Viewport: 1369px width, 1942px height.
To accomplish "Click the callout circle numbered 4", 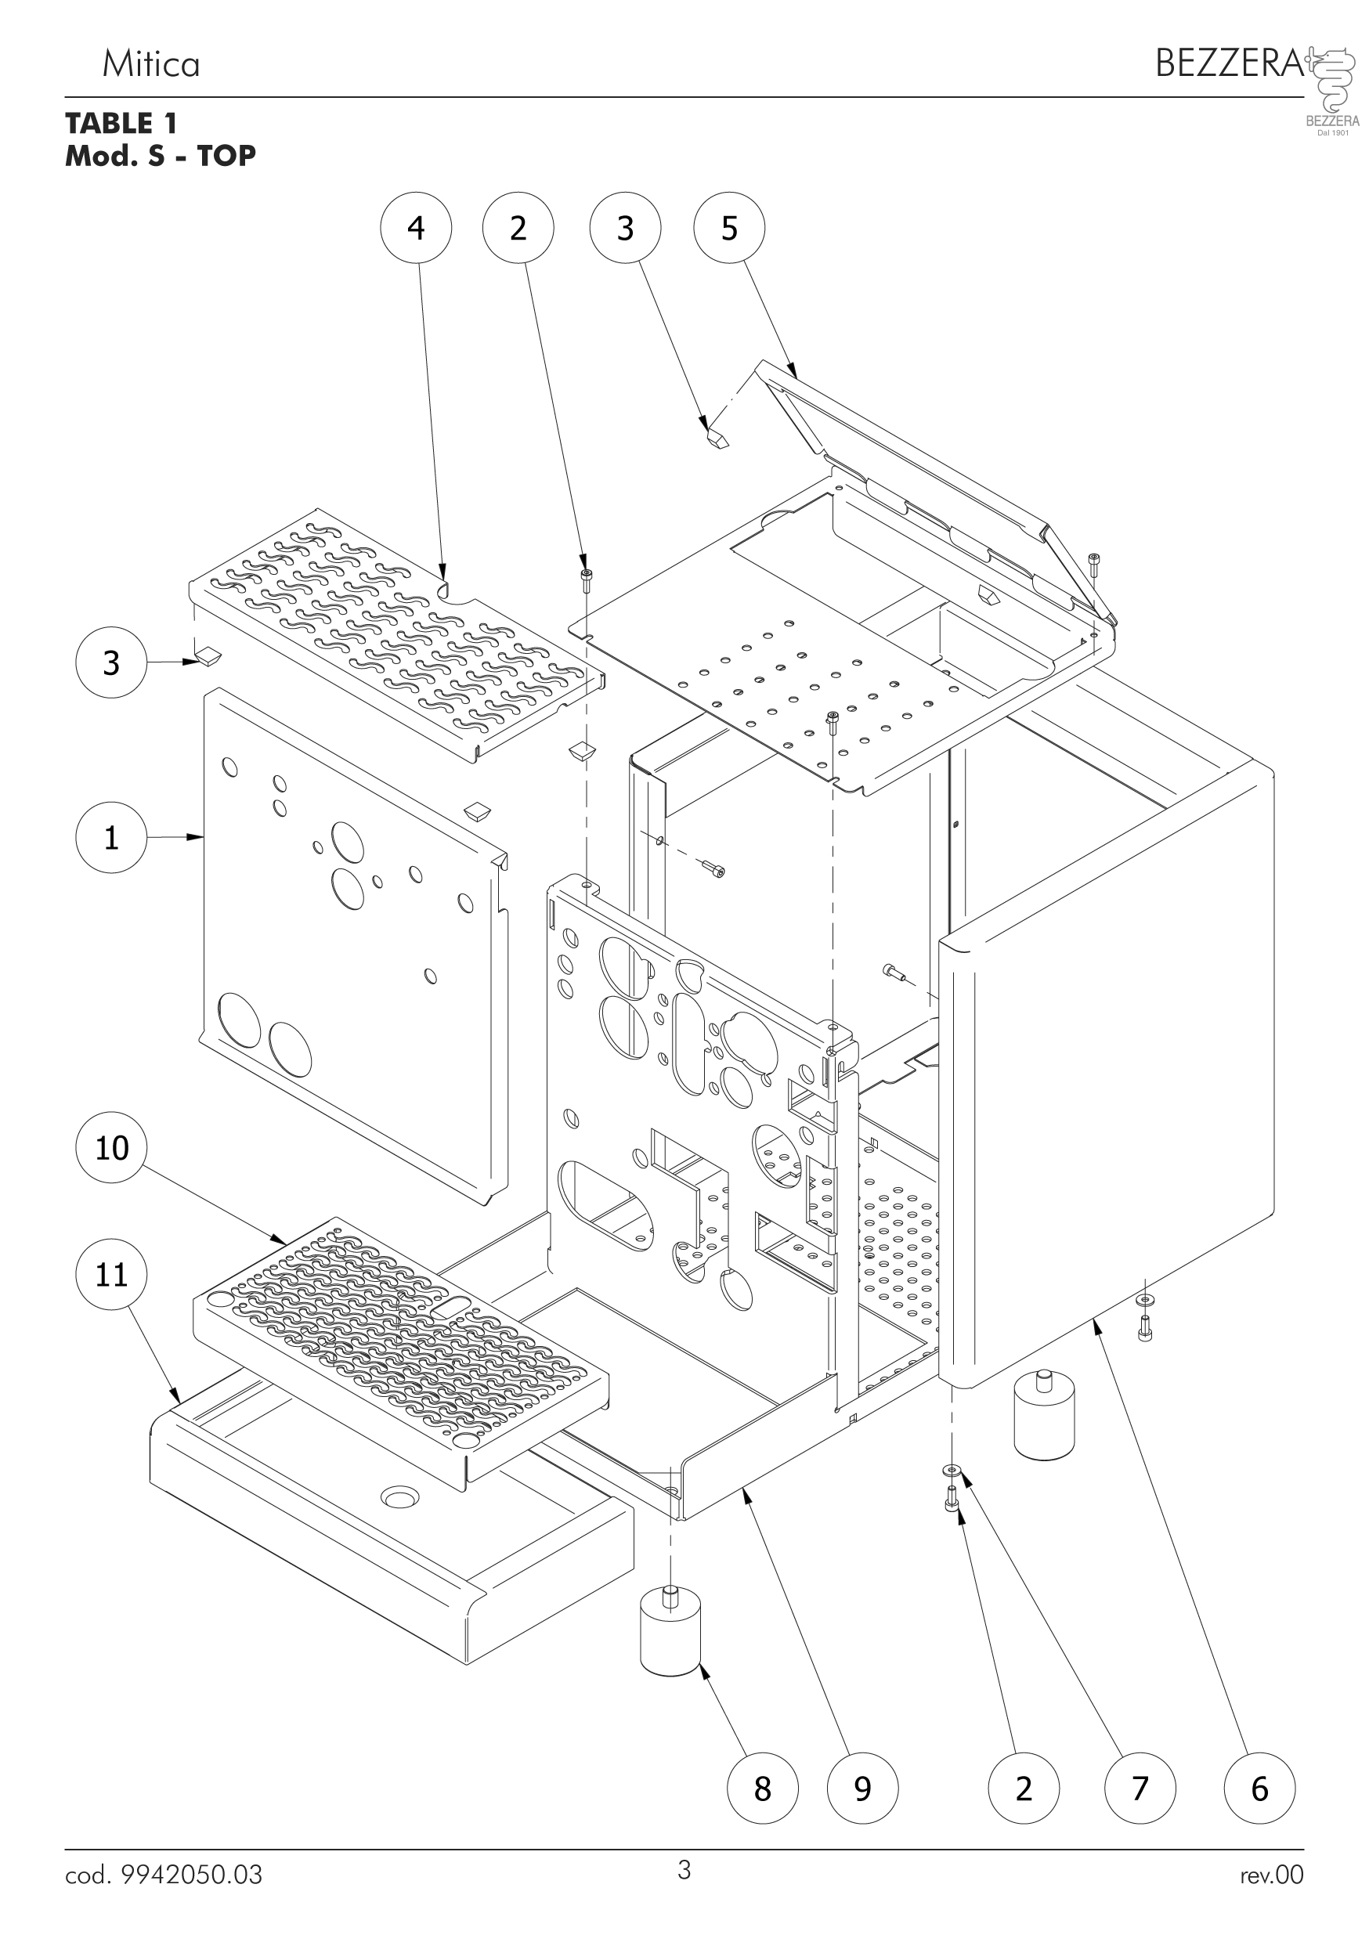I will point(415,229).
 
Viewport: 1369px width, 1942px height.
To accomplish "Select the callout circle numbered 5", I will point(729,229).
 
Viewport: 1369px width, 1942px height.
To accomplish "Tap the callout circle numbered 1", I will point(111,837).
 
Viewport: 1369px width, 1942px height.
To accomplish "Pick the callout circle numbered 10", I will point(111,1148).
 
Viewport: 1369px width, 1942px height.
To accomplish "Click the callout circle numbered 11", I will point(111,1274).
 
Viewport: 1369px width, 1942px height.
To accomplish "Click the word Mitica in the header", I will point(150,64).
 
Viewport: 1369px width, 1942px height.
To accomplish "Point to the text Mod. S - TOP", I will point(160,156).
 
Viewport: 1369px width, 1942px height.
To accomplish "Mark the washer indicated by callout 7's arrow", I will point(952,1468).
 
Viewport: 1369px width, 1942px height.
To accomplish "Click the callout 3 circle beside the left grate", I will point(111,662).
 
